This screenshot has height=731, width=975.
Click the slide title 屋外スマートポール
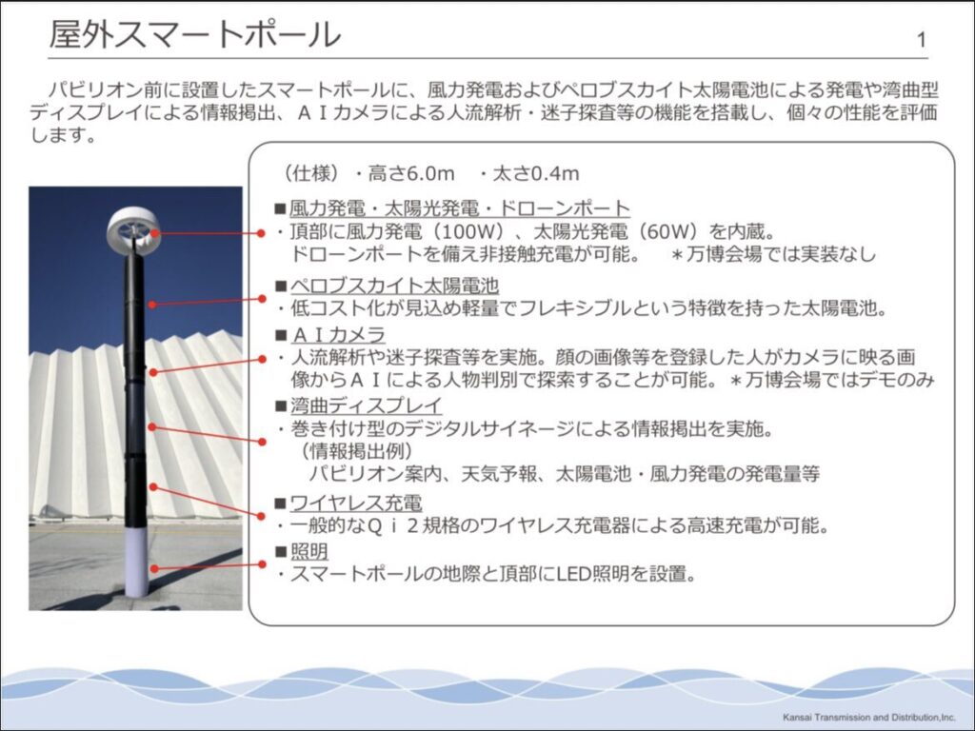(194, 35)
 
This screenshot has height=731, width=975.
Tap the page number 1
(921, 40)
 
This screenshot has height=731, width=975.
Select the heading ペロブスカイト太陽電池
(395, 286)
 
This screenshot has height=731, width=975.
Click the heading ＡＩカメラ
(338, 334)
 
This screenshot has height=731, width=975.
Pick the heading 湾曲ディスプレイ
(367, 405)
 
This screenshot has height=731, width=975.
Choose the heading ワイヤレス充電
(356, 503)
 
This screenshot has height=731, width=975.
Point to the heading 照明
(309, 551)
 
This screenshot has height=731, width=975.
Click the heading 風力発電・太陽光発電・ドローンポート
(460, 208)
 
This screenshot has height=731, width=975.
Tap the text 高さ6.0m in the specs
(411, 173)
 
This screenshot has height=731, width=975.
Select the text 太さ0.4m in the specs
(536, 173)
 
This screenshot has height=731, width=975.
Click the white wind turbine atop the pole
(133, 230)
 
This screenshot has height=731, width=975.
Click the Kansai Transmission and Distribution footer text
(868, 718)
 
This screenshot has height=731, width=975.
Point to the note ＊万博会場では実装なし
(773, 254)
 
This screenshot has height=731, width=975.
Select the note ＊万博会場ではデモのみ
(831, 379)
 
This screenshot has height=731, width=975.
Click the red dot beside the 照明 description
(262, 564)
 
